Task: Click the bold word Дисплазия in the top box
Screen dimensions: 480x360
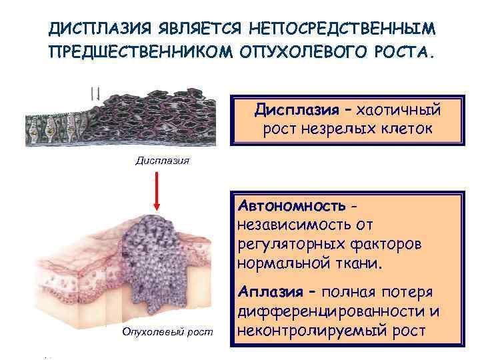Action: click(x=294, y=109)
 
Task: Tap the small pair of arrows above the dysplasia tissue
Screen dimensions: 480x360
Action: click(x=95, y=93)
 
